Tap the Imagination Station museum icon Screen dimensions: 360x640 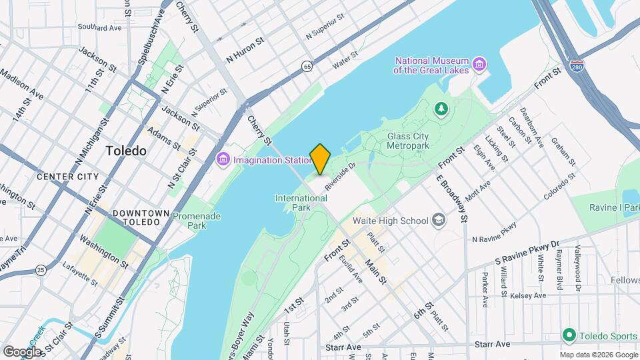pyautogui.click(x=223, y=159)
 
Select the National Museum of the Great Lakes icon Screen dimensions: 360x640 pyautogui.click(x=479, y=65)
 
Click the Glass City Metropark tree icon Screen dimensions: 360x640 pyautogui.click(x=440, y=108)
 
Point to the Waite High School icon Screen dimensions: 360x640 pyautogui.click(x=438, y=221)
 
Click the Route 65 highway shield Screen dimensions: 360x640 pyautogui.click(x=306, y=66)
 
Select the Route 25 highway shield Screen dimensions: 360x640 pyautogui.click(x=41, y=269)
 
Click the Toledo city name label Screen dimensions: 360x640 pyautogui.click(x=126, y=151)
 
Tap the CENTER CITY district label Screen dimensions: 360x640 pyautogui.click(x=67, y=177)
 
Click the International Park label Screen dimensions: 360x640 pyautogui.click(x=301, y=203)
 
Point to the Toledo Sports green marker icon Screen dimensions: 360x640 pyautogui.click(x=569, y=334)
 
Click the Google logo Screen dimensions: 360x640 pyautogui.click(x=23, y=351)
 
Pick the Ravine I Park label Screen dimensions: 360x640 pyautogui.click(x=613, y=207)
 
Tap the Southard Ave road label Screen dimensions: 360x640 pyautogui.click(x=100, y=27)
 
